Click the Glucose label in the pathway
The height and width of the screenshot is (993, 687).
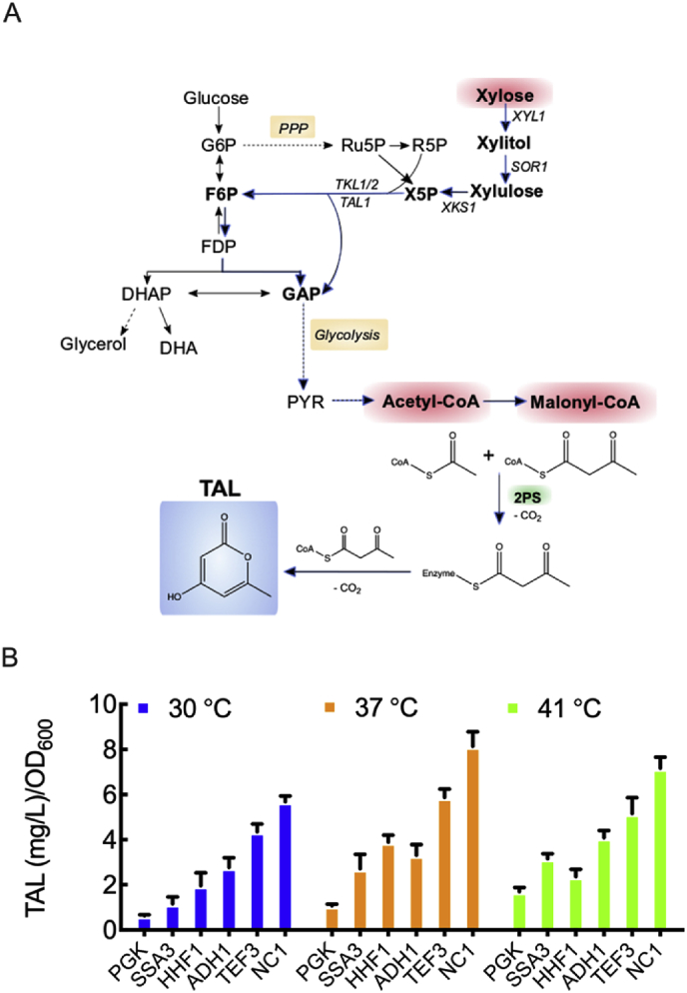[x=215, y=97]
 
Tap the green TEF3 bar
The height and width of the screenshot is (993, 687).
[x=631, y=873]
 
